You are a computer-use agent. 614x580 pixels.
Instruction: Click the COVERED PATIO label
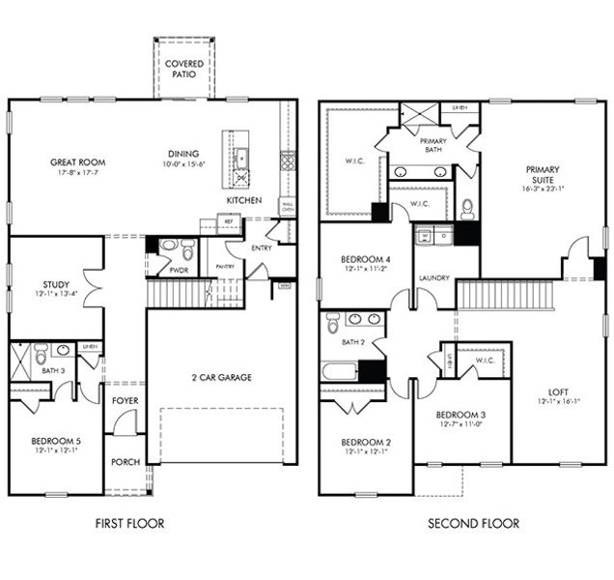[183, 70]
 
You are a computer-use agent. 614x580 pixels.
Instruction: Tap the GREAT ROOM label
[78, 162]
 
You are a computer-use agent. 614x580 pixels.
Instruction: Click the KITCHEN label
[243, 200]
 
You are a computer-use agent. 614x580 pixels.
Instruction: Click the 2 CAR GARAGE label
[221, 377]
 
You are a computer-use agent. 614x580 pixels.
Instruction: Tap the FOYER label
[123, 399]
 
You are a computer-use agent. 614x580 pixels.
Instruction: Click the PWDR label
[179, 272]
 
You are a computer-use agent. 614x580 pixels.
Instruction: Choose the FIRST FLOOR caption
[129, 523]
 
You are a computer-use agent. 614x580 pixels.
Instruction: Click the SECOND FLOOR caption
[474, 523]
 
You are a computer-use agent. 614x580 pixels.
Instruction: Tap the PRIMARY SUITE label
[542, 175]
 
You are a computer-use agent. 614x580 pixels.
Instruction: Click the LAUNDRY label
[434, 278]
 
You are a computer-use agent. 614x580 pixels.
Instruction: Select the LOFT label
[558, 391]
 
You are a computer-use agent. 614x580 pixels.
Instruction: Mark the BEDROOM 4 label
[365, 259]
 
